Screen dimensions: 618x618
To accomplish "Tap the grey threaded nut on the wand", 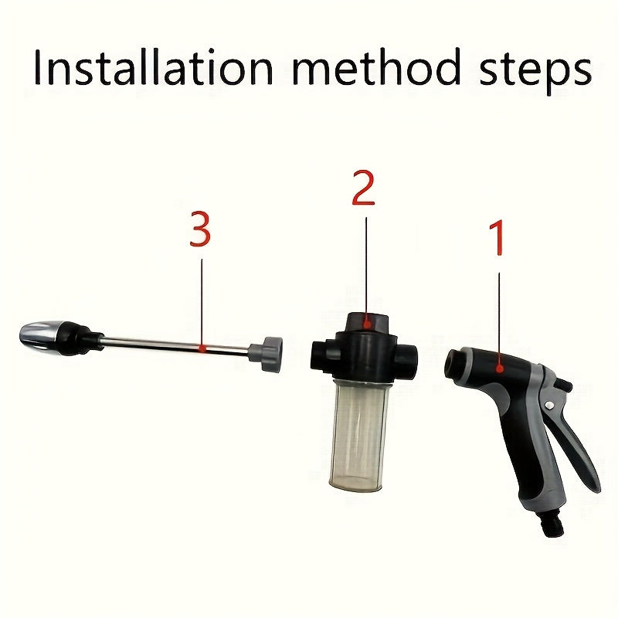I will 271,355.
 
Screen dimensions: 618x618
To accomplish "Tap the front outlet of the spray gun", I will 456,362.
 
